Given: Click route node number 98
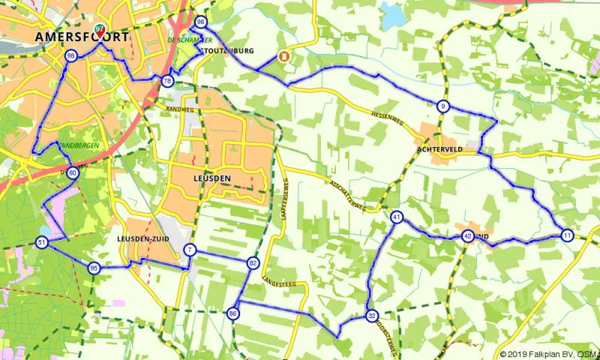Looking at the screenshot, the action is coord(71,56).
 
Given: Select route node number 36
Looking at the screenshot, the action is coord(200,22).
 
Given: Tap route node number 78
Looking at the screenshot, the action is coord(167,81).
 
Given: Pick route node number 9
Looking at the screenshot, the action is coord(443,106).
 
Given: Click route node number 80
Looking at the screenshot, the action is coord(72,172).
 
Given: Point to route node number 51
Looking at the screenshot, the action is coord(41,242).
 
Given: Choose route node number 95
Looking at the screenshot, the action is coord(94,268).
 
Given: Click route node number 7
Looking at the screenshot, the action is coord(190,250).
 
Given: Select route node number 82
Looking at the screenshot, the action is coord(253,263).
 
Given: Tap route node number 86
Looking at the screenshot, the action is coord(233,313).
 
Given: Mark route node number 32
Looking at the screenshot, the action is coord(371,316).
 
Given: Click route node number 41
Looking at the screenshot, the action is coord(397,217).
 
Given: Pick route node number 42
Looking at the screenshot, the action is coord(467,235).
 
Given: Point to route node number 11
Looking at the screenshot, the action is coord(567,235).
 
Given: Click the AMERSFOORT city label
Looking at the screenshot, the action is coord(80,37).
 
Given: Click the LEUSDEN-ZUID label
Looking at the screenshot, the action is coord(143,238).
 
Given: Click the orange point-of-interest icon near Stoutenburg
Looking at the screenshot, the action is coord(284,56).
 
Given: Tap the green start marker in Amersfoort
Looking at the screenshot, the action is coord(99,31).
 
